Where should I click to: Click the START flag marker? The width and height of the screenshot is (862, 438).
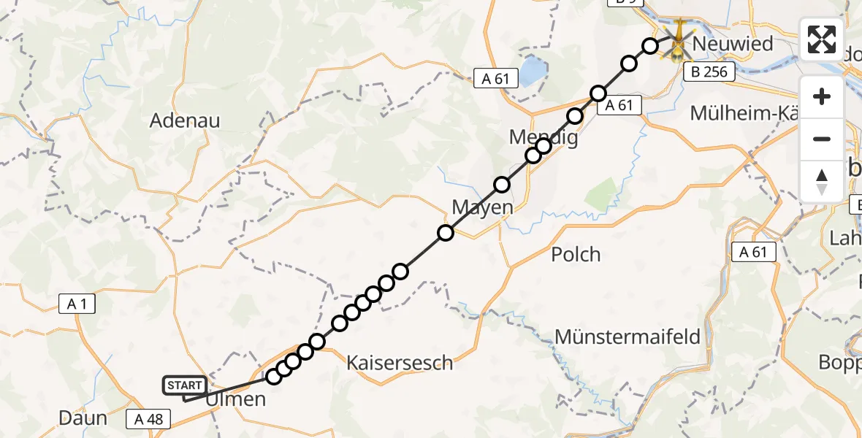tap(186, 385)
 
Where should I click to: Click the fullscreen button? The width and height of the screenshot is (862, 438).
tap(822, 39)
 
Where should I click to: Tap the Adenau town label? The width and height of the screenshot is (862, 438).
tap(185, 120)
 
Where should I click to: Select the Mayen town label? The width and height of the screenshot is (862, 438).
tap(483, 207)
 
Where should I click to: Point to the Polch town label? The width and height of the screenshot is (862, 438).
tap(576, 254)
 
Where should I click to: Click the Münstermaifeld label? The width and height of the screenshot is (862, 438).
tap(628, 337)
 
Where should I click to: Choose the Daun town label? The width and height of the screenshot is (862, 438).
tap(83, 418)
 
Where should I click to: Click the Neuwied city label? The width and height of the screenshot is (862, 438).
tap(732, 44)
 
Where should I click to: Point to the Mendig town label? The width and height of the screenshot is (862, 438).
tap(543, 137)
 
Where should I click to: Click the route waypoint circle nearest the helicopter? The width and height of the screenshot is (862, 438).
tap(650, 46)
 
